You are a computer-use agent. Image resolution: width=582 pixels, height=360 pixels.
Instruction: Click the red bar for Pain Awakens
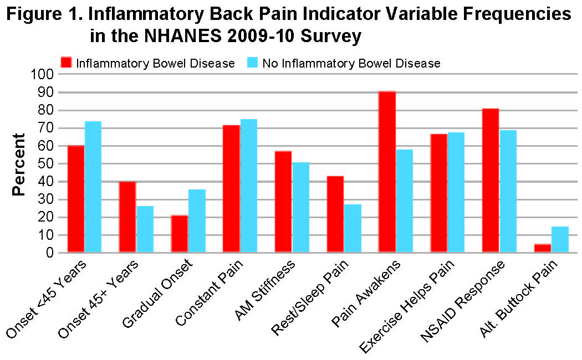pyautogui.click(x=387, y=172)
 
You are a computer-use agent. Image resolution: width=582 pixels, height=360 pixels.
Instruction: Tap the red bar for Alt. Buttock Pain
pyautogui.click(x=543, y=248)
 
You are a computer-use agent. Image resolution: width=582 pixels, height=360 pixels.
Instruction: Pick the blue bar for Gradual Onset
pyautogui.click(x=197, y=221)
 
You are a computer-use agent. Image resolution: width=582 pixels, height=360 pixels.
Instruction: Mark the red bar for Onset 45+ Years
pyautogui.click(x=127, y=217)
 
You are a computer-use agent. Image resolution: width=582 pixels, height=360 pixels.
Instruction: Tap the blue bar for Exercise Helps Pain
pyautogui.click(x=456, y=193)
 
